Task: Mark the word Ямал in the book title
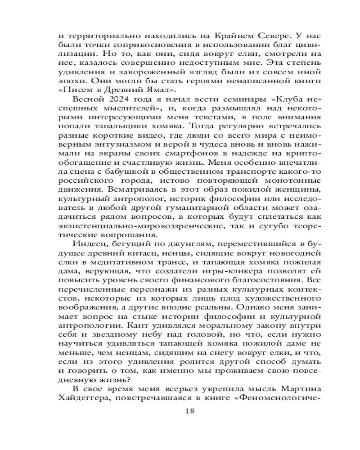point(174,89)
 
